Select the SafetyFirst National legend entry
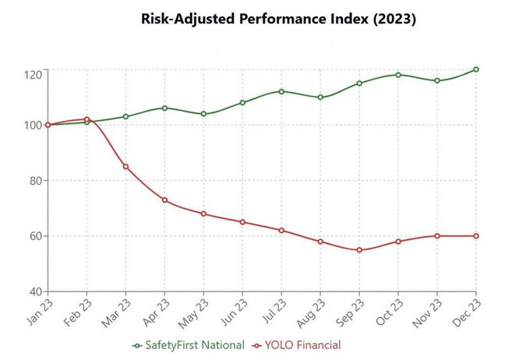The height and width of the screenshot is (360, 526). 189,344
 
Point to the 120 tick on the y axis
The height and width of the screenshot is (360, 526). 34,74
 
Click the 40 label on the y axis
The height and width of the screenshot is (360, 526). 36,291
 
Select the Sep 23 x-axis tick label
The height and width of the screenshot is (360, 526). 350,310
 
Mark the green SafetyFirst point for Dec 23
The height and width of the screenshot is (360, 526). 476,69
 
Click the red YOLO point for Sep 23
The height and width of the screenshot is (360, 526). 359,250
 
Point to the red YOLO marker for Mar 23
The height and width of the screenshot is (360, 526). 125,167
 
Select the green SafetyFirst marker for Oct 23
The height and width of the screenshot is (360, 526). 398,75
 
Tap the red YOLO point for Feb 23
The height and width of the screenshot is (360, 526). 86,119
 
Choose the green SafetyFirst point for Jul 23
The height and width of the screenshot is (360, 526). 281,91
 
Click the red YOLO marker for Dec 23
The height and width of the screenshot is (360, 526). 476,236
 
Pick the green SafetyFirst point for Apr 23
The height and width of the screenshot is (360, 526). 164,108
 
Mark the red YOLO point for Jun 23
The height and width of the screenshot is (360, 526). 242,222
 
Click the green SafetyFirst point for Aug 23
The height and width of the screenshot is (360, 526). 320,97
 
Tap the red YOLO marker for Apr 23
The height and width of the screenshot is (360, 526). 164,200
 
